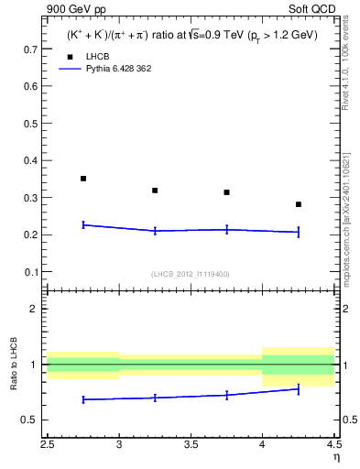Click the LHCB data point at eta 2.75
[83, 179]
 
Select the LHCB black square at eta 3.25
[155, 191]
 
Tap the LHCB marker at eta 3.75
[226, 192]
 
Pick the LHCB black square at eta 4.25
[299, 204]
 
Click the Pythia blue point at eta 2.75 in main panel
[83, 224]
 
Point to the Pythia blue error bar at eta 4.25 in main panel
[299, 232]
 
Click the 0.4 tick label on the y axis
[31, 160]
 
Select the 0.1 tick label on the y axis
[31, 272]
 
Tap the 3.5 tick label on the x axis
[191, 446]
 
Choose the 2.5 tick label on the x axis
[48, 446]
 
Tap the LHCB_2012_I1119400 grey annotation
[190, 274]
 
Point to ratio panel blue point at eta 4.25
[299, 389]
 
